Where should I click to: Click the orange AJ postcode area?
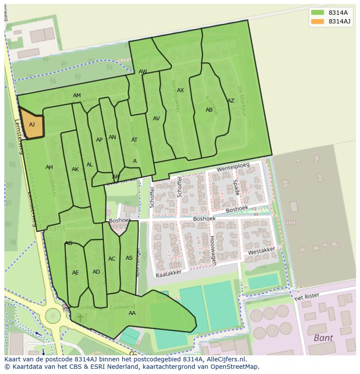point(32,125)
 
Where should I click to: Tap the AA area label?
point(132,313)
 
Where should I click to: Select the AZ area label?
point(231,101)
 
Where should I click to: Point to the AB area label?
point(209,110)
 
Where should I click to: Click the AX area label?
point(180,90)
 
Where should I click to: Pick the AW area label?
point(143,72)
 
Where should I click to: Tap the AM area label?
point(77,96)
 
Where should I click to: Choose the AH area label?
point(49,167)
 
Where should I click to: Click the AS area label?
point(129,258)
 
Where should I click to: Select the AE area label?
point(76,273)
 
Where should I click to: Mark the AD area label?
point(97,272)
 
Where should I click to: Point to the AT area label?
point(134,140)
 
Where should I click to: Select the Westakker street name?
point(262,252)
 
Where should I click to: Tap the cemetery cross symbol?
point(80,318)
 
